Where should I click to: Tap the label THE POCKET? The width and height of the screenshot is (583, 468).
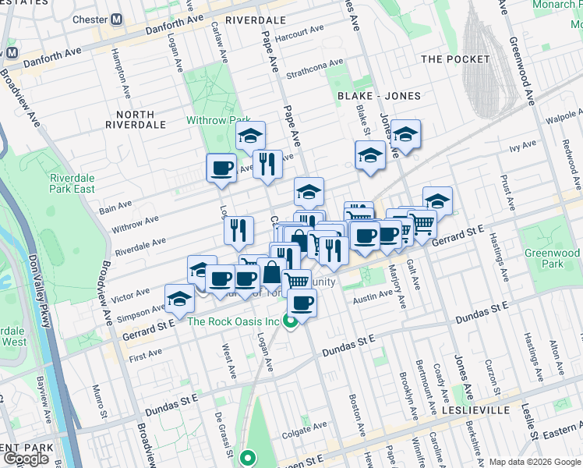click(x=455, y=59)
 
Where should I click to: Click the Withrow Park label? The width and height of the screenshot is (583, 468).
click(x=217, y=120)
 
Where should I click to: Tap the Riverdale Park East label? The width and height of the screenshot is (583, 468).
click(x=72, y=183)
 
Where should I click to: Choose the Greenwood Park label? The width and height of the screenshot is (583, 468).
click(x=552, y=258)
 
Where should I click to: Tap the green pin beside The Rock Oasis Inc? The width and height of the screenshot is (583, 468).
click(x=291, y=321)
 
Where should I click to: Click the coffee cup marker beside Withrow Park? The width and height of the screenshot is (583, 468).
click(x=221, y=167)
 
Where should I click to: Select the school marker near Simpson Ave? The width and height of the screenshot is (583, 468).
click(x=179, y=299)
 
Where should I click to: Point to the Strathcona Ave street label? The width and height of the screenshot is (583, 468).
click(x=314, y=69)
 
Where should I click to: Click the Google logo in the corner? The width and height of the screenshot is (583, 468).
click(x=27, y=458)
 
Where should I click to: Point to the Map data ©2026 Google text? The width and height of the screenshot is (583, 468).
click(x=534, y=462)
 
